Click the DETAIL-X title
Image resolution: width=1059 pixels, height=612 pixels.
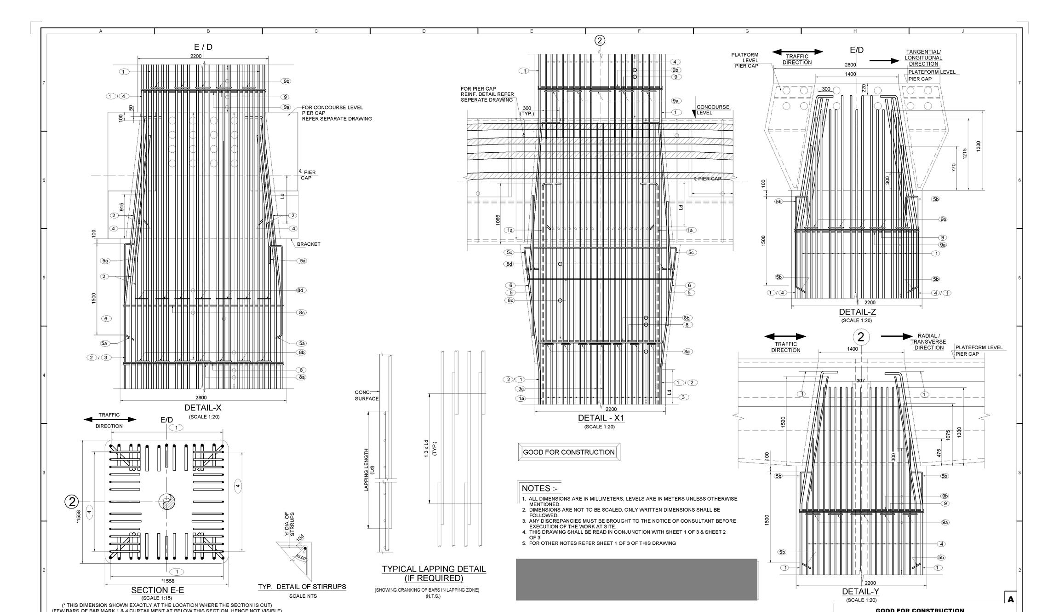[202, 408]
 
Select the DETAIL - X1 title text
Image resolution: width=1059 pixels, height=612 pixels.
[601, 418]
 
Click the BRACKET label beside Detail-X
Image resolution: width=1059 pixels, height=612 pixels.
[309, 244]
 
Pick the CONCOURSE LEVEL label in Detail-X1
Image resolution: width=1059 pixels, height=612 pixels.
[712, 110]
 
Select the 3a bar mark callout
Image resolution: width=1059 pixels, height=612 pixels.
[521, 389]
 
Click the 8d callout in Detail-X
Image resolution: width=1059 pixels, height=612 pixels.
[301, 290]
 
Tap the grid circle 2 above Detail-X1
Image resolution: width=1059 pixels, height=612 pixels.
[600, 40]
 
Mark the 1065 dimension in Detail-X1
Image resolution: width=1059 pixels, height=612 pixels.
[498, 220]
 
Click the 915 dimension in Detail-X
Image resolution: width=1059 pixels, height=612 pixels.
[121, 208]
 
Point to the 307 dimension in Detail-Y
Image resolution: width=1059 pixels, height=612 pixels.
[860, 381]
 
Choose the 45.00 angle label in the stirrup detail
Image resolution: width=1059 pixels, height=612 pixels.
[300, 557]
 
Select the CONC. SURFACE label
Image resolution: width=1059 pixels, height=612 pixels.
[366, 396]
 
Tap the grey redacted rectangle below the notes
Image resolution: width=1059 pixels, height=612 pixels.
[636, 579]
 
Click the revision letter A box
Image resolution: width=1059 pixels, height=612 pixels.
[1011, 599]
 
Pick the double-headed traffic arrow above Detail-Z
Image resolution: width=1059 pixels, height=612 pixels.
[797, 52]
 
